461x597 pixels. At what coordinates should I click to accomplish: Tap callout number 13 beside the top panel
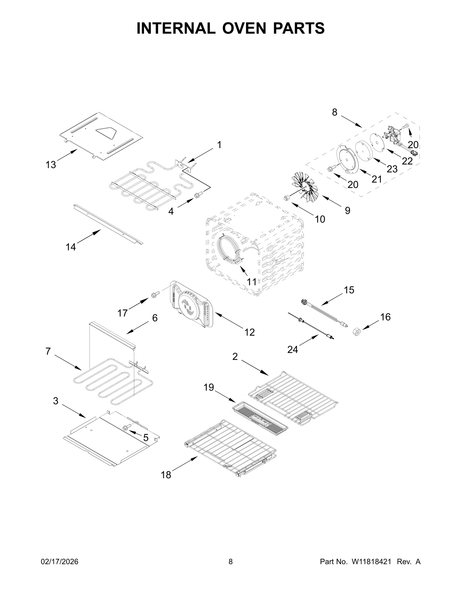[x=51, y=165]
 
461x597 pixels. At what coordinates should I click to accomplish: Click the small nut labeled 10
[x=287, y=198]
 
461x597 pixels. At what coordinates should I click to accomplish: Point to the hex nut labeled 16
[x=357, y=332]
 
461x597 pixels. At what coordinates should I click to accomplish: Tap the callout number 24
[x=292, y=349]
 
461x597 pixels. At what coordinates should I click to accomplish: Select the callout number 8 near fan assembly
[x=334, y=112]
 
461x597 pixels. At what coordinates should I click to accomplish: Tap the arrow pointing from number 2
[x=255, y=367]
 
